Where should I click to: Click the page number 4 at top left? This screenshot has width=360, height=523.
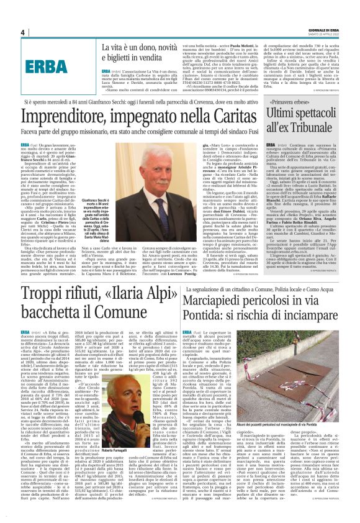[x=22, y=32]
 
